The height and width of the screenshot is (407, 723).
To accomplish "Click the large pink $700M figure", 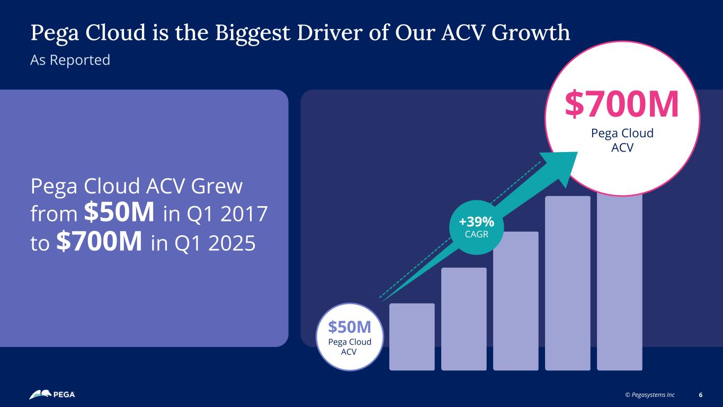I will tap(622, 104).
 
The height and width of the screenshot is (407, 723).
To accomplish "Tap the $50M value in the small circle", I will tap(349, 326).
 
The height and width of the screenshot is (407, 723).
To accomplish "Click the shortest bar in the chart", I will tap(412, 337).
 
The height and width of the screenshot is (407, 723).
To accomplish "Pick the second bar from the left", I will tap(463, 318).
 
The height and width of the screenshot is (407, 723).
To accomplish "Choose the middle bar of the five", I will tap(515, 300).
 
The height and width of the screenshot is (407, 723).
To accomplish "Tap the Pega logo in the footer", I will tap(52, 395).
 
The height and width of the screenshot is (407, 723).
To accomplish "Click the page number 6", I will tap(701, 395).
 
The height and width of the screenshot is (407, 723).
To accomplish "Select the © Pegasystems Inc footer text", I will tap(650, 395).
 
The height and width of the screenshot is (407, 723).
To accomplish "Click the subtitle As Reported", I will tap(70, 60).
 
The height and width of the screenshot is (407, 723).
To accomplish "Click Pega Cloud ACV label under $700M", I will tap(622, 140).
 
